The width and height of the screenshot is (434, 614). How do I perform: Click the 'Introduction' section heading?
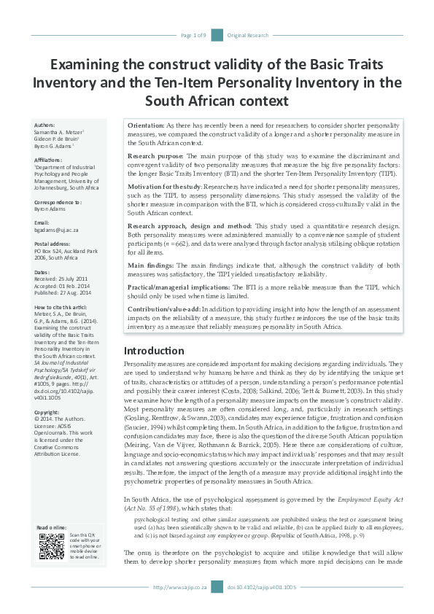pyautogui.click(x=154, y=351)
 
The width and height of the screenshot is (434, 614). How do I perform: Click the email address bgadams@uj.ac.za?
pyautogui.click(x=56, y=230)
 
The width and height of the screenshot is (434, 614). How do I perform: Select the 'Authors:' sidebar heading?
pyautogui.click(x=44, y=125)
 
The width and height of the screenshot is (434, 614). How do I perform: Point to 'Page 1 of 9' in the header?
pyautogui.click(x=193, y=35)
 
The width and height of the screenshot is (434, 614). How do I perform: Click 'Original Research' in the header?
pyautogui.click(x=248, y=35)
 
